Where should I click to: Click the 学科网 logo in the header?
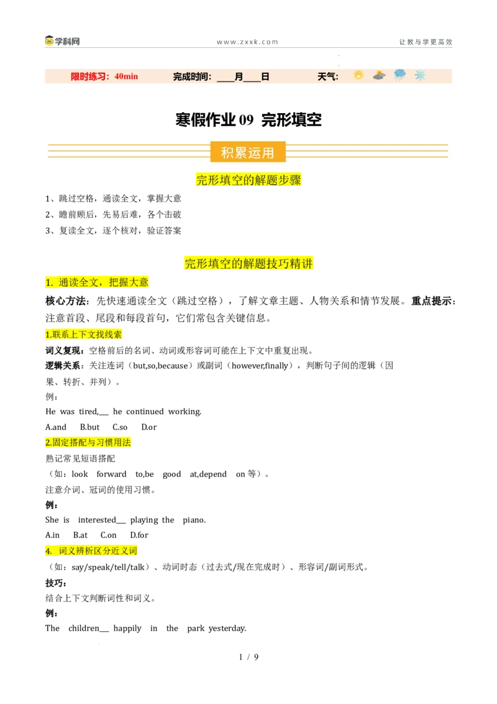point(62,41)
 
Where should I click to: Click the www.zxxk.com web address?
point(248,42)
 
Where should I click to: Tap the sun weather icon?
point(358,75)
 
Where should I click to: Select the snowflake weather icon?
point(420,75)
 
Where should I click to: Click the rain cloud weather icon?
point(399,75)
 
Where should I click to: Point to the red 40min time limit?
point(126,76)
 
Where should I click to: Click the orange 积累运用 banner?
point(248,152)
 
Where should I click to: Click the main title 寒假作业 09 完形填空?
point(248,120)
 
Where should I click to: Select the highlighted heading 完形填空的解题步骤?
point(248,180)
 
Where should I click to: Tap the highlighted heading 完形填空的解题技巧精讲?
point(248,263)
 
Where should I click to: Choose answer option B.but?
point(89,427)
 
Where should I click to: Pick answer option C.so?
point(120,427)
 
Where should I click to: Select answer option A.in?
point(52,535)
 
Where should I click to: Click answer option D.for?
point(139,535)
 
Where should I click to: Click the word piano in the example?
point(194,520)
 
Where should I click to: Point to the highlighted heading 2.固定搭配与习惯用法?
point(88,443)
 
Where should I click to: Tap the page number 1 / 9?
point(248,657)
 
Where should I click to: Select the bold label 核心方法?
point(67,301)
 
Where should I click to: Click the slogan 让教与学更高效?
point(426,42)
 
